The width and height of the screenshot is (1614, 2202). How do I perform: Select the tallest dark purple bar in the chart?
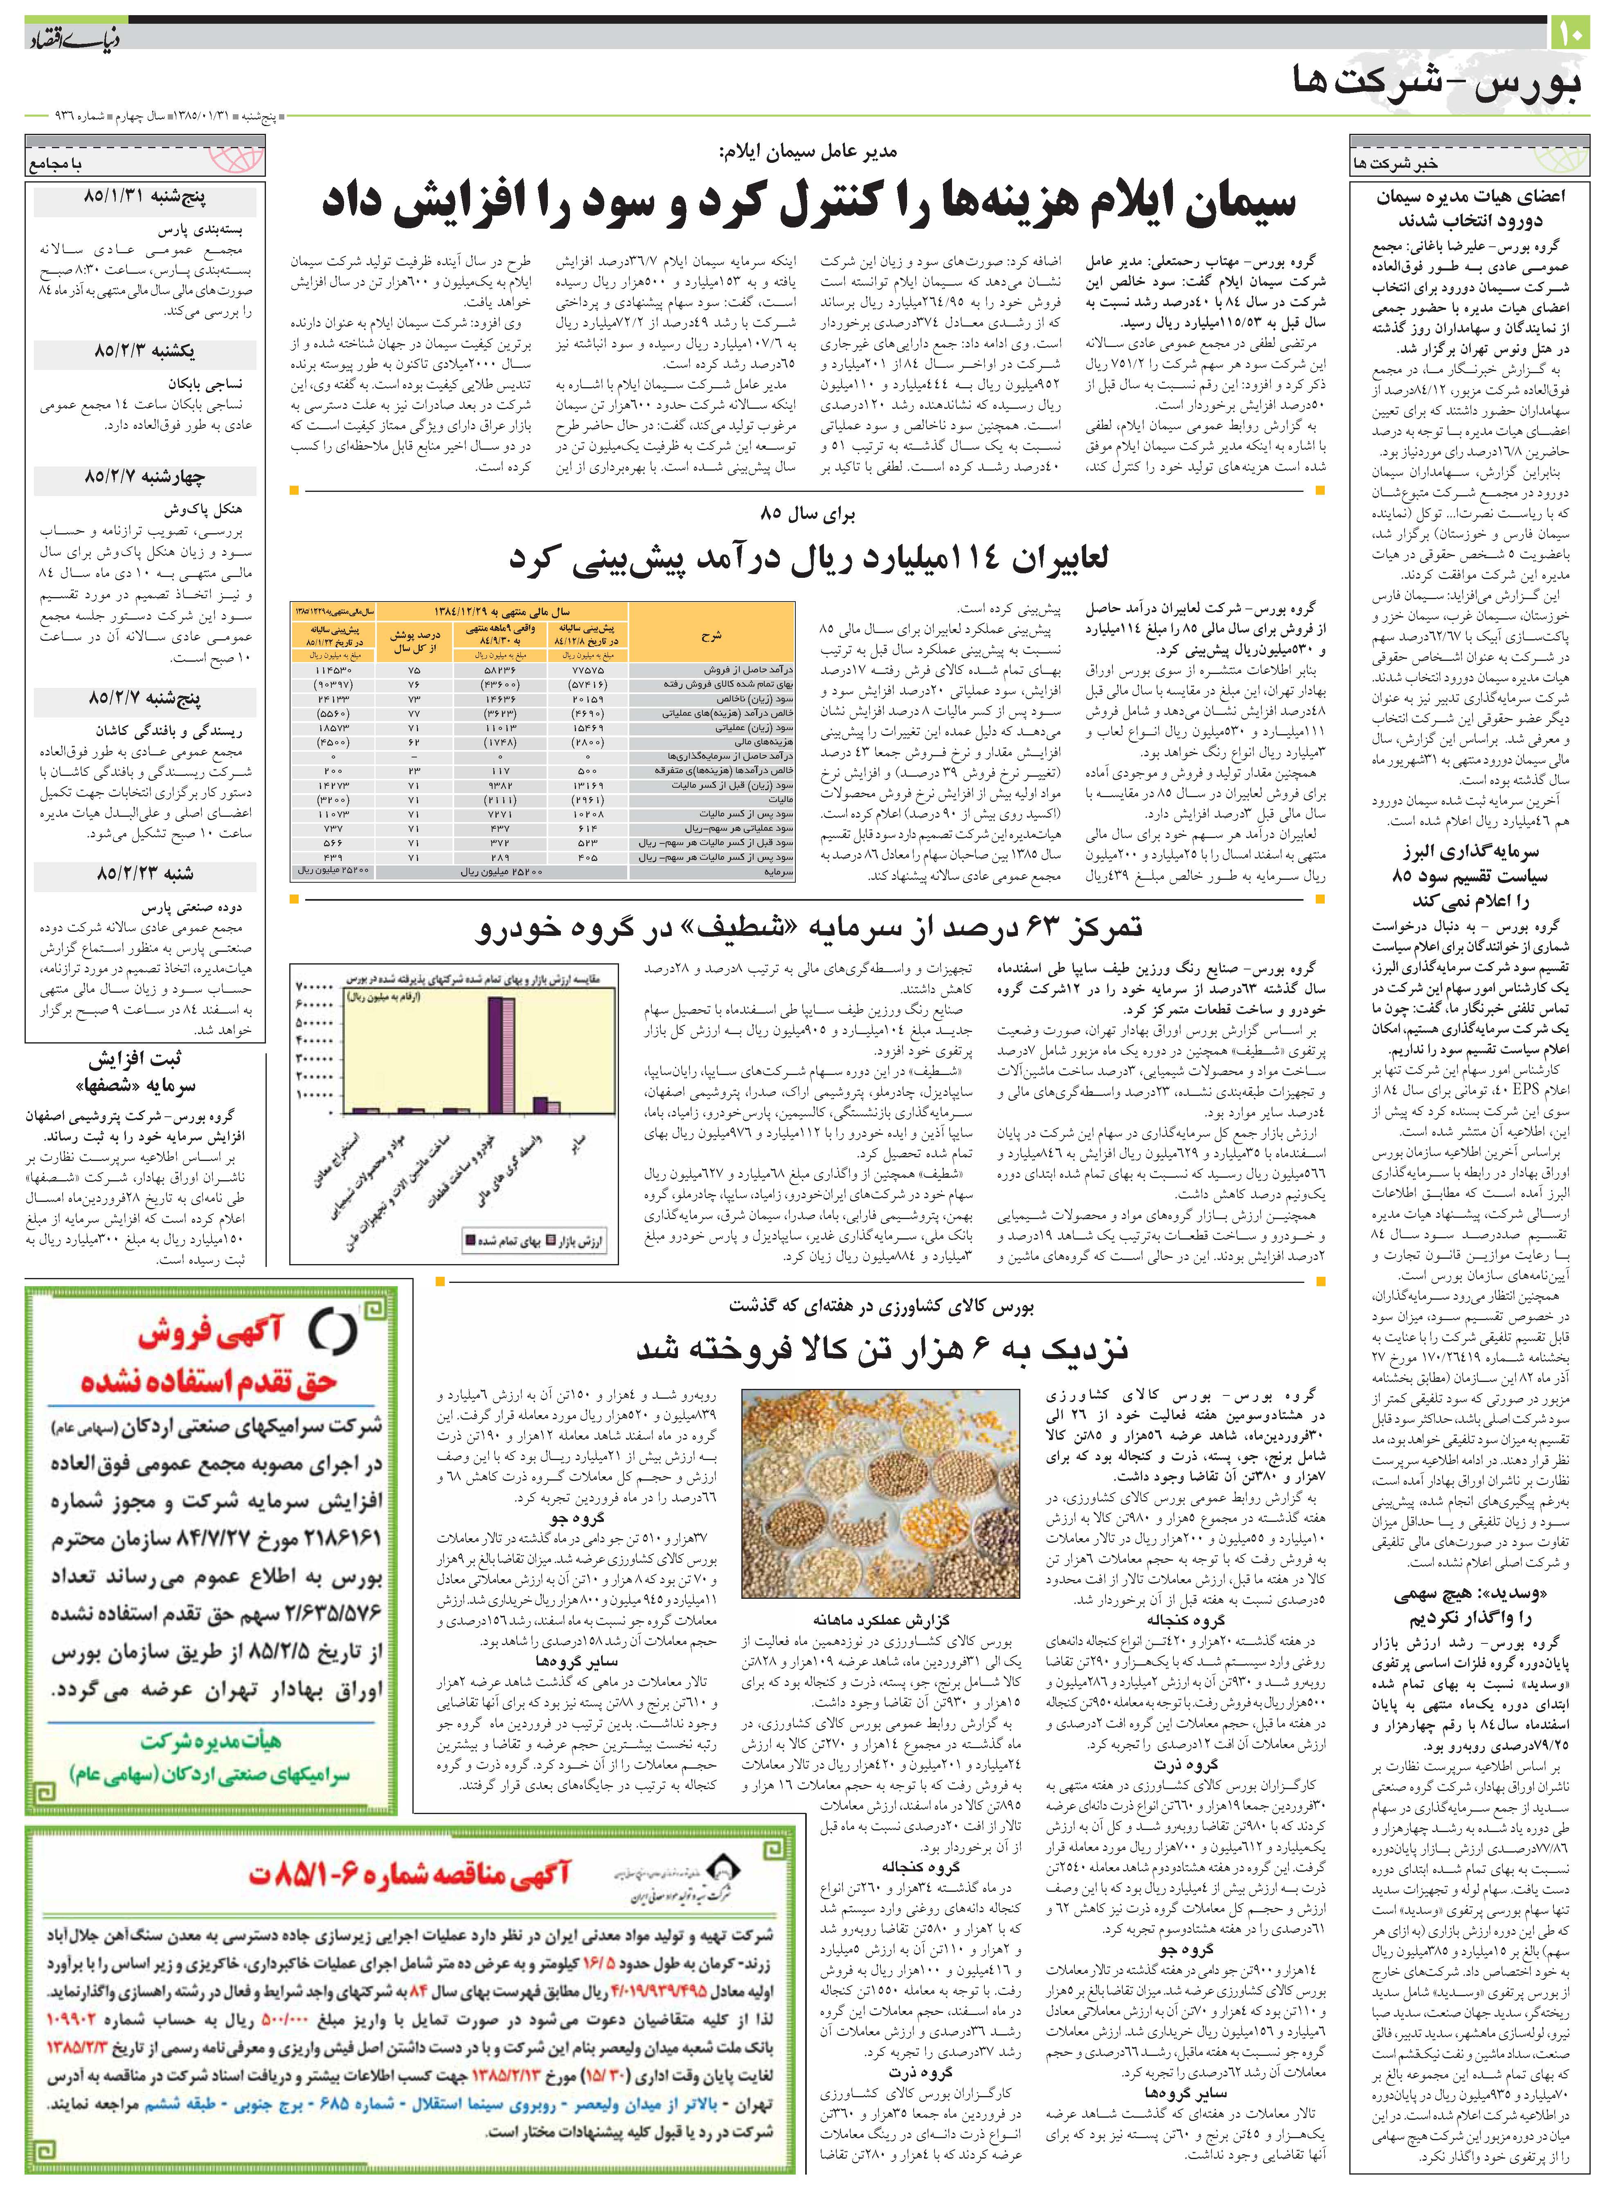(x=495, y=1055)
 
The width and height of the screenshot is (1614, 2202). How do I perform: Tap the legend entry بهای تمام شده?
(x=508, y=1242)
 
